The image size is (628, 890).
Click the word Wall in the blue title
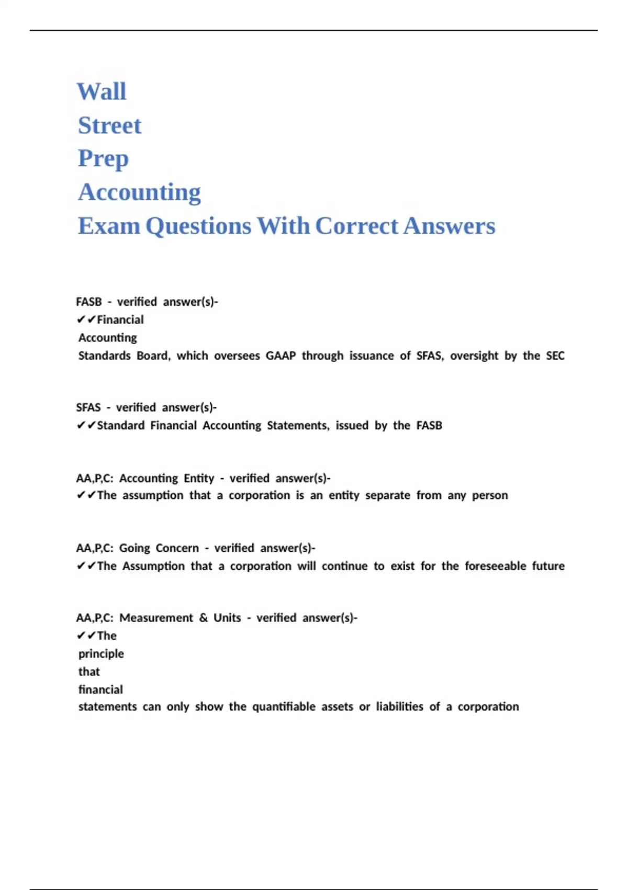102,92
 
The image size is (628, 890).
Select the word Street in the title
109,126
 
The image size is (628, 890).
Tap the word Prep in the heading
103,159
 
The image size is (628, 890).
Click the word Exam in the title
109,226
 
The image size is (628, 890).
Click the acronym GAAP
281,356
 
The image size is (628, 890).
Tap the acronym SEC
555,356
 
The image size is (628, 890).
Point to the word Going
134,548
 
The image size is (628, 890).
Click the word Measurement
156,618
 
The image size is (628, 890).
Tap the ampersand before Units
203,618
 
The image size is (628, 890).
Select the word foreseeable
495,566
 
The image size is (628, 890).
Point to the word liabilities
399,707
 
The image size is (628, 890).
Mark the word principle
101,654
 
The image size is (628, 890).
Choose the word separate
387,495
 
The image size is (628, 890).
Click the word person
490,495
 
